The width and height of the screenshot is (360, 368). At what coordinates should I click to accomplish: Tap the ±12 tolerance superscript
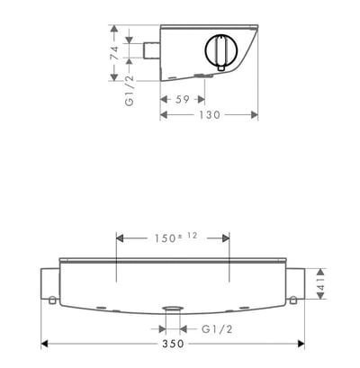188,235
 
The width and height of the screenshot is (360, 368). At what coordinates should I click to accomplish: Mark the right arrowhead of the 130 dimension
256,115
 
